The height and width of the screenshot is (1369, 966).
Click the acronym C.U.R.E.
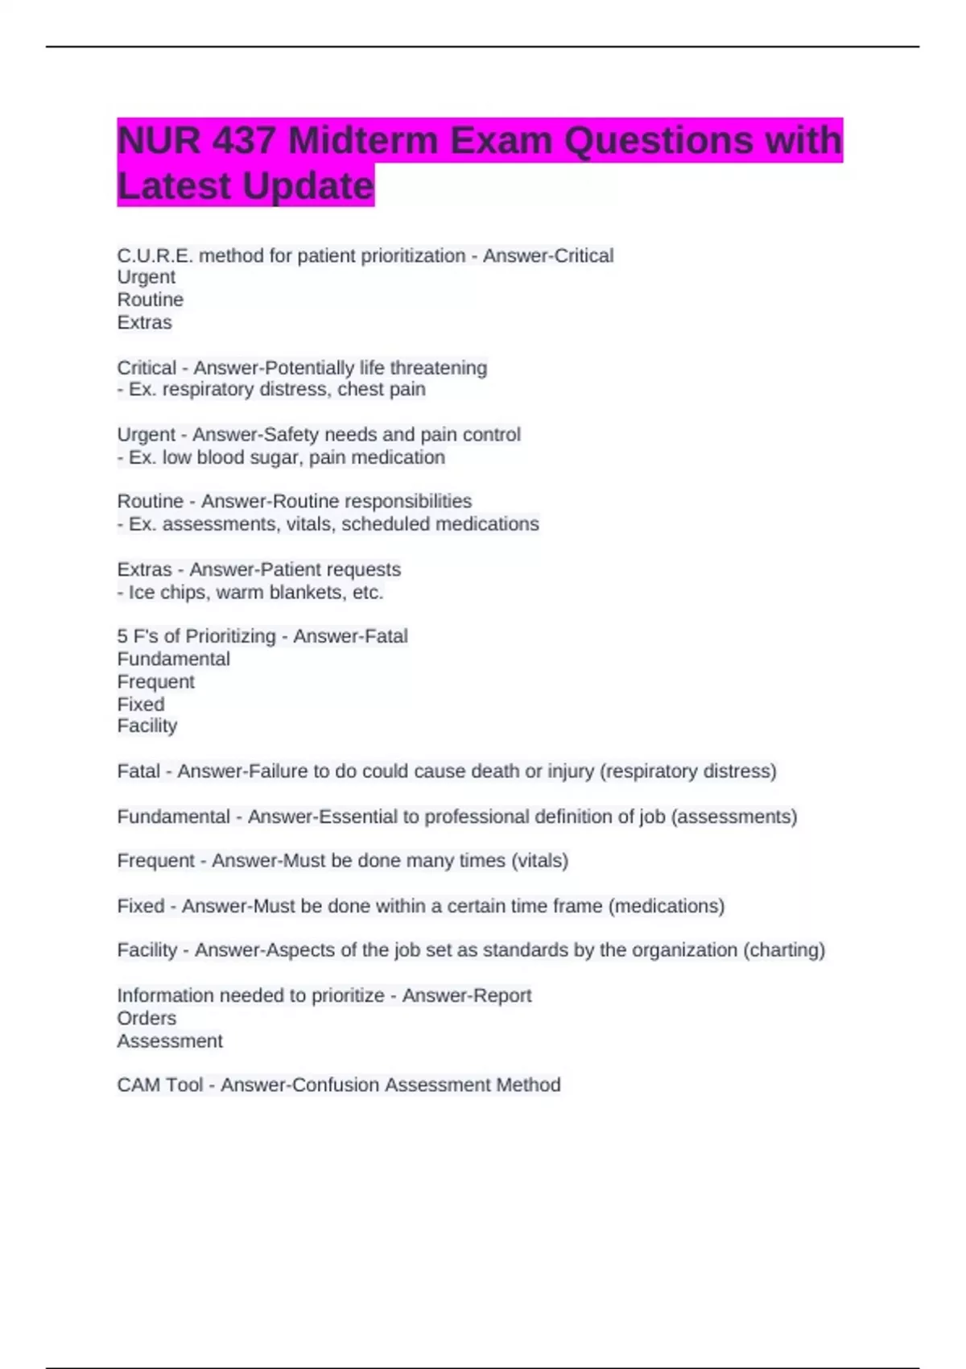[155, 255]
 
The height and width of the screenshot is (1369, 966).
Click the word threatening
[438, 368]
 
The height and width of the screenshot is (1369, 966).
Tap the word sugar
[274, 457]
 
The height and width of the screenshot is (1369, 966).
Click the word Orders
[147, 1018]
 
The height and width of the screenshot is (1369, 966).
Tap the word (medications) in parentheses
[667, 906]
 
